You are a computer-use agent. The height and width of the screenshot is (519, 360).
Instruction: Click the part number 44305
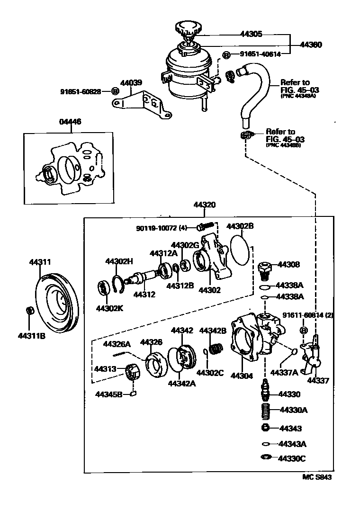click(x=251, y=34)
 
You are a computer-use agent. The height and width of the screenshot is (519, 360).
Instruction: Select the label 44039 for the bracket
click(x=131, y=82)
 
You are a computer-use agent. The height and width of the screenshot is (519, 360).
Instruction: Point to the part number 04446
click(x=70, y=122)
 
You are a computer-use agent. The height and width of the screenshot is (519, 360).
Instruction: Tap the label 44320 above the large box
click(x=205, y=205)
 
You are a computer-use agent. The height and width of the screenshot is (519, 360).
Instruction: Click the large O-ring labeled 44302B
click(x=240, y=250)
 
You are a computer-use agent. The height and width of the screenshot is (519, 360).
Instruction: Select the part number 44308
click(x=289, y=265)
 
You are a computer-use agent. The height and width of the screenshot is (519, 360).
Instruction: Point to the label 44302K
click(x=109, y=308)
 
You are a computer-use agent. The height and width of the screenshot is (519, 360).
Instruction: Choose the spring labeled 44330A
click(x=266, y=409)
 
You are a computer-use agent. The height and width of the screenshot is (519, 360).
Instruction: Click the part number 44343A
click(x=293, y=444)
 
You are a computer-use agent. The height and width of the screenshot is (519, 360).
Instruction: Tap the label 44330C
click(x=293, y=458)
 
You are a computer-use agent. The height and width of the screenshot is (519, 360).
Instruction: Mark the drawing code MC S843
click(x=317, y=477)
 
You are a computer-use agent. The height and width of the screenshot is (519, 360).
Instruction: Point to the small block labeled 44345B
click(x=133, y=393)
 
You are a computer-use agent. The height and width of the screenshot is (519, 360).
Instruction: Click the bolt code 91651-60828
click(x=81, y=91)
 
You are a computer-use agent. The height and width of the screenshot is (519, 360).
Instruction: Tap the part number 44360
click(x=311, y=45)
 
